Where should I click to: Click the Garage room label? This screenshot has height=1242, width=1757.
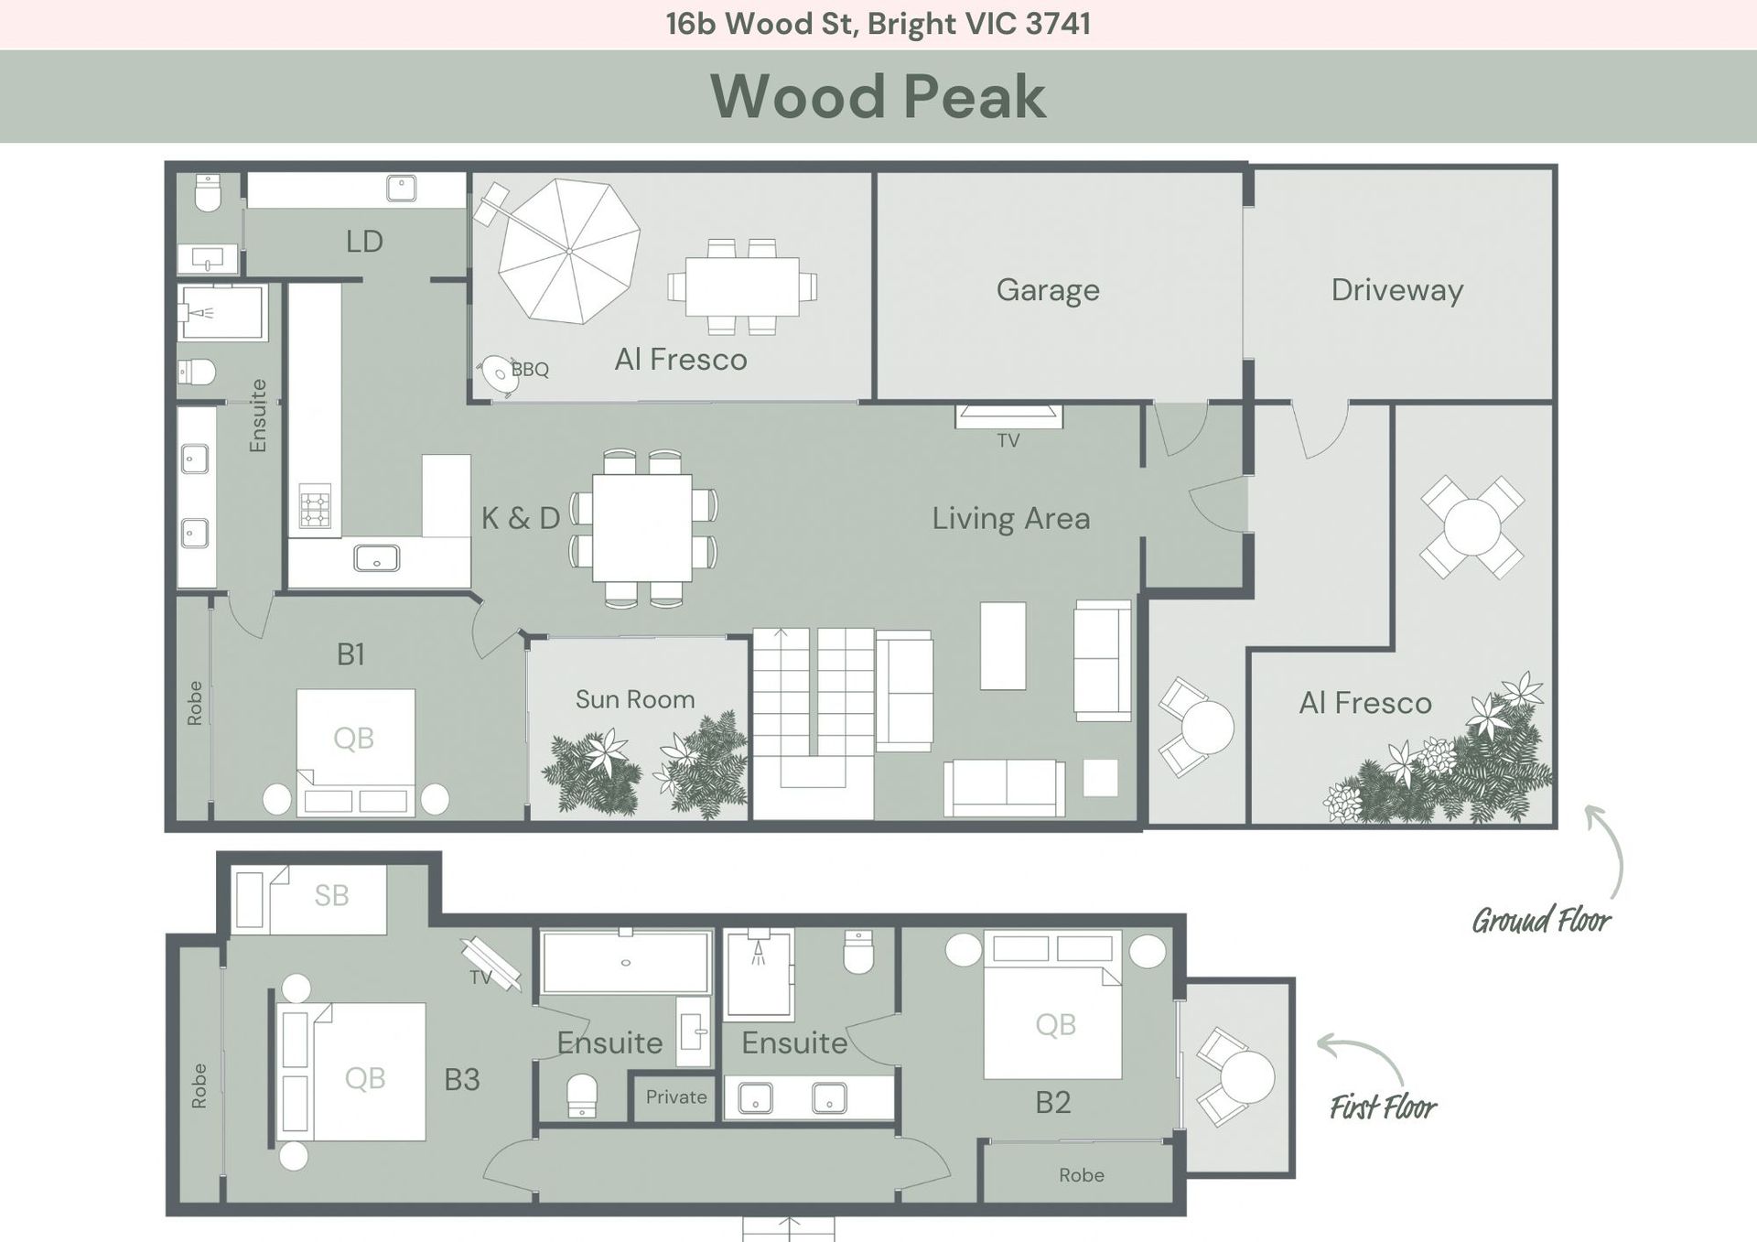(x=1048, y=290)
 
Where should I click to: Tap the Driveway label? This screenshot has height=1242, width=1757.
(x=1397, y=290)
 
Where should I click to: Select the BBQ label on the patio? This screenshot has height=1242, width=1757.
(x=530, y=369)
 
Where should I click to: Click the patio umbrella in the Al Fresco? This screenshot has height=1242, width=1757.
(x=569, y=251)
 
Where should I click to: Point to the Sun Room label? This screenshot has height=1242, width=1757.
(x=635, y=699)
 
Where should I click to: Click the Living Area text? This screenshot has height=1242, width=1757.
(x=1011, y=519)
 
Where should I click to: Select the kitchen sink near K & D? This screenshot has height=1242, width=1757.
(x=376, y=557)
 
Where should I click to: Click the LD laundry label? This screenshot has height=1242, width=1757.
(x=364, y=242)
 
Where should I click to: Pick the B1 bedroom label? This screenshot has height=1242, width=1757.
(x=350, y=654)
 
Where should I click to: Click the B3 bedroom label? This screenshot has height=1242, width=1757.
(x=462, y=1080)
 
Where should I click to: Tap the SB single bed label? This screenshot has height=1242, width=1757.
(x=331, y=895)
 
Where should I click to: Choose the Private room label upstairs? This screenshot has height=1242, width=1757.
(x=676, y=1096)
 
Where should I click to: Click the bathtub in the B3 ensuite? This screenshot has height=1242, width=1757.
(x=626, y=962)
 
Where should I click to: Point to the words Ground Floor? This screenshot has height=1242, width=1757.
(x=1542, y=920)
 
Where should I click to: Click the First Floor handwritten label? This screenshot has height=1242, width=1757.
(x=1383, y=1107)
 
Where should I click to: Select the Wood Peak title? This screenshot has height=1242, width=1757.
(x=878, y=96)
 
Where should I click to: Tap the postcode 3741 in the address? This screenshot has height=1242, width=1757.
(x=1058, y=24)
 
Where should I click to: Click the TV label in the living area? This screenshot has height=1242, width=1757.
(x=1008, y=441)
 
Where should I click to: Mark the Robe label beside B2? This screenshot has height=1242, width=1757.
(x=1082, y=1175)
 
